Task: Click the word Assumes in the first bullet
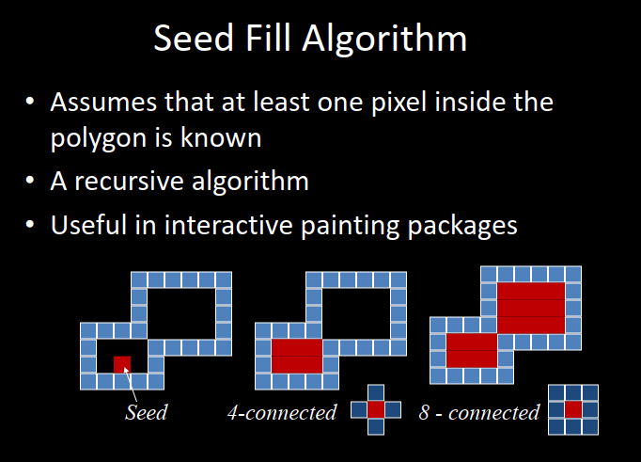[x=102, y=101]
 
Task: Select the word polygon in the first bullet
[x=93, y=139]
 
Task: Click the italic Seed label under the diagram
[x=146, y=411]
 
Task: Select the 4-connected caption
[x=282, y=411]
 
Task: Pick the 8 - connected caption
[x=479, y=411]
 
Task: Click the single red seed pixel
[x=122, y=363]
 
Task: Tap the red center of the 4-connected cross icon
[x=376, y=409]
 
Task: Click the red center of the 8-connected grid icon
[x=573, y=409]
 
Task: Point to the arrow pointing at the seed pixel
[x=132, y=381]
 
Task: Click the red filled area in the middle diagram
[x=297, y=356]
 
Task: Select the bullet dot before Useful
[x=33, y=226]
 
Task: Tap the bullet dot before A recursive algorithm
[x=33, y=181]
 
